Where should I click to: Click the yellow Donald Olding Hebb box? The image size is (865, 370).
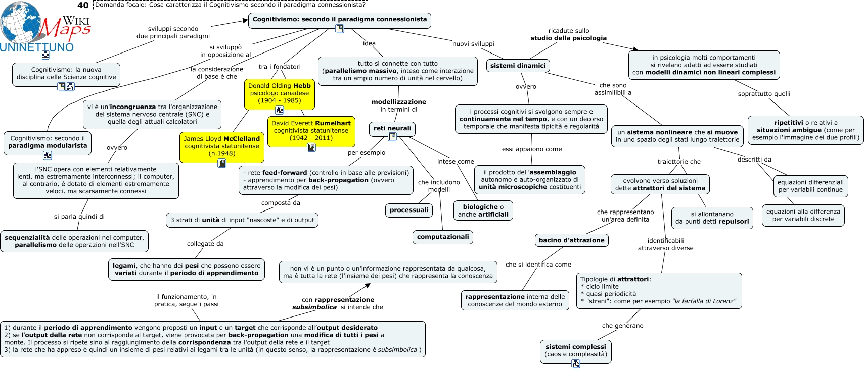[279, 94]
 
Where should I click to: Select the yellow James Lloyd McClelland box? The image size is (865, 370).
[221, 147]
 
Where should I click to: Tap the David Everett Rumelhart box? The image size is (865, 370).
[311, 131]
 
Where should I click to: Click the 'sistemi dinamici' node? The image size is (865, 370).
[518, 66]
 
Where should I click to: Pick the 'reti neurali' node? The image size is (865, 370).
[392, 129]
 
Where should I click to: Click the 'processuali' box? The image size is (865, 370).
[409, 210]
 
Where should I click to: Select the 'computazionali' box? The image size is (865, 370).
[443, 237]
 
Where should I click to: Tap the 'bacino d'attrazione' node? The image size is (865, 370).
[571, 240]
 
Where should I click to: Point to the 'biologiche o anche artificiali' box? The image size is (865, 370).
[483, 210]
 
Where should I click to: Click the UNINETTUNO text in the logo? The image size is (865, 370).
[37, 47]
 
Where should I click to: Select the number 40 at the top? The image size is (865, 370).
[83, 5]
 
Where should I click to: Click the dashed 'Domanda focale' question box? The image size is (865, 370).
[231, 5]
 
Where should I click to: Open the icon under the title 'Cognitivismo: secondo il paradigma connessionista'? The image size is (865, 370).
[339, 29]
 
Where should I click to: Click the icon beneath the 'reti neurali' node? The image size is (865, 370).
[392, 137]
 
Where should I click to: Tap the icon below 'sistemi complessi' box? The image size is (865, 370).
[576, 364]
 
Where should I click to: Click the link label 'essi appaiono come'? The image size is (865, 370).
[532, 149]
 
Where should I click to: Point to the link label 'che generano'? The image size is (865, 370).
[622, 326]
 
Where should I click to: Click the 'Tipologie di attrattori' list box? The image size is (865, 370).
[659, 291]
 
